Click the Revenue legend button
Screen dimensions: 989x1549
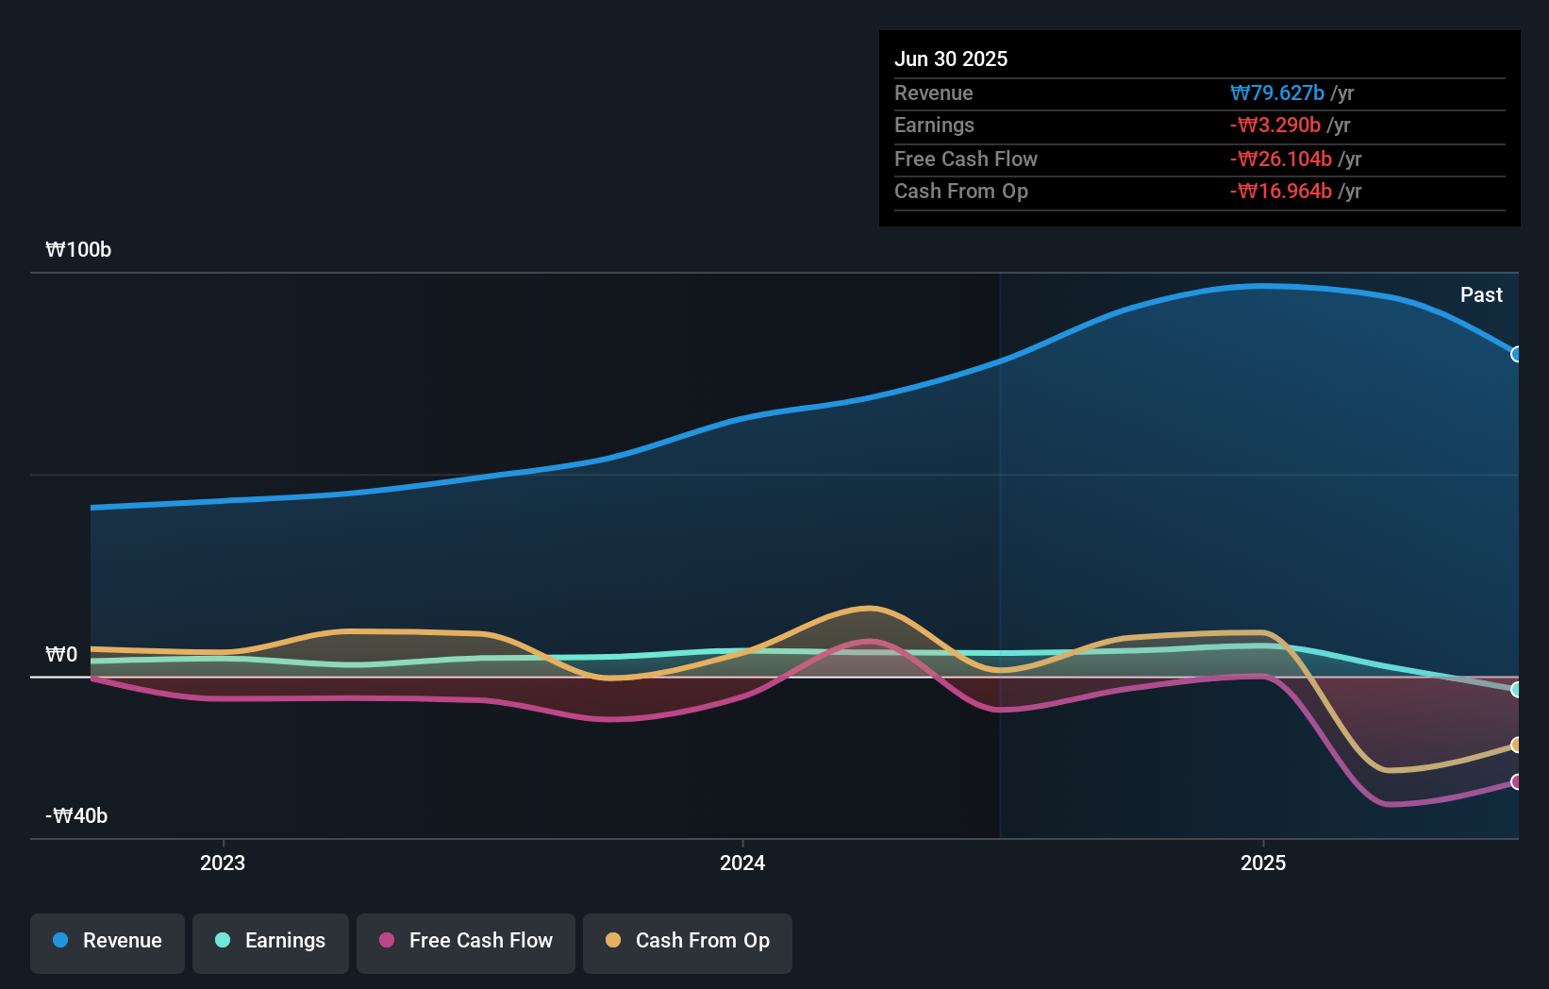click(108, 942)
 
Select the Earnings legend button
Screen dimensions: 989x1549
click(271, 942)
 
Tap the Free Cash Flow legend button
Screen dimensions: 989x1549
click(466, 942)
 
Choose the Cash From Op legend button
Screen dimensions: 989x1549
click(688, 942)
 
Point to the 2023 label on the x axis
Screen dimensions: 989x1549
click(223, 863)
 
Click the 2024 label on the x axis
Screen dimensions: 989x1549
click(742, 863)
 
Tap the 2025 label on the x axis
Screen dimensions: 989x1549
click(1263, 863)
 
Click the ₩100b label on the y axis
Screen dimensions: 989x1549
click(78, 250)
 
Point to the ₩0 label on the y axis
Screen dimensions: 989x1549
click(61, 655)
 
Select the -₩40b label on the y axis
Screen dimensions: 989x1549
click(76, 816)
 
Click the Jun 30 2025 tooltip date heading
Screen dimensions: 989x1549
click(951, 59)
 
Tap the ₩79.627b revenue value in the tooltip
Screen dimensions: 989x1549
click(1277, 93)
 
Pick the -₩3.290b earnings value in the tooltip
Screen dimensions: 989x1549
click(1275, 126)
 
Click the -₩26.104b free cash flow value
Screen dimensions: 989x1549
click(1281, 159)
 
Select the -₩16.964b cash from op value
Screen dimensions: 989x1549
click(1281, 192)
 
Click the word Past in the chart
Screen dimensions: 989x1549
click(1481, 295)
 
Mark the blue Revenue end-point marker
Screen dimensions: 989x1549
click(1516, 355)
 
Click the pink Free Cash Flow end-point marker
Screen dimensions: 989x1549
click(1516, 781)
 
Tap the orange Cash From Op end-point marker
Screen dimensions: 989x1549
click(1516, 746)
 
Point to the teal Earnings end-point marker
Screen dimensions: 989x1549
click(1516, 690)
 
